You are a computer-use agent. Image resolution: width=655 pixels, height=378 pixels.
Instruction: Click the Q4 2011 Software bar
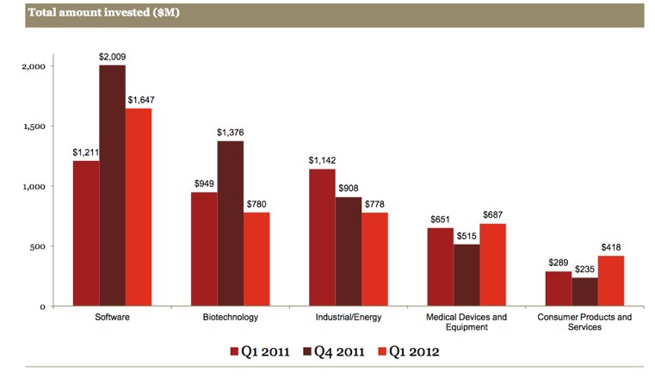click(112, 185)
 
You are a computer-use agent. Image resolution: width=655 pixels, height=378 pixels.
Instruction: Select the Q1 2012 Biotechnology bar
click(256, 258)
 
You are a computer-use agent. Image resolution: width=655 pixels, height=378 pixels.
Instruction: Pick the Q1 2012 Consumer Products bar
click(610, 281)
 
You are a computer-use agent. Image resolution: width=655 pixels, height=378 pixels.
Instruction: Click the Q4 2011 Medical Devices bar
click(467, 275)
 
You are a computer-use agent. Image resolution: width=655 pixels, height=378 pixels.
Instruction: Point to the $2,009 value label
click(113, 57)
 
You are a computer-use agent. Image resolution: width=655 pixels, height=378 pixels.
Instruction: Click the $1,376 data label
click(230, 133)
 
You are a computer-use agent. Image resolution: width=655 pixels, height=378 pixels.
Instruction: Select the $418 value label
click(610, 248)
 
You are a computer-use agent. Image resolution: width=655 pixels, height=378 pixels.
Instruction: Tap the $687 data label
click(493, 215)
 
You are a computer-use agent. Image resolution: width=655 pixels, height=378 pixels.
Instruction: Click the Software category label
click(112, 317)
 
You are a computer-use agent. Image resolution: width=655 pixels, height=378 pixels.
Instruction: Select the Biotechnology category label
click(230, 317)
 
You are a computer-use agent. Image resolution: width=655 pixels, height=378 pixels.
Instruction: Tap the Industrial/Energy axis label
click(349, 317)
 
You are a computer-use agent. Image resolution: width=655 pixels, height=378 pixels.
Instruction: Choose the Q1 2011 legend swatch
click(234, 351)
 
